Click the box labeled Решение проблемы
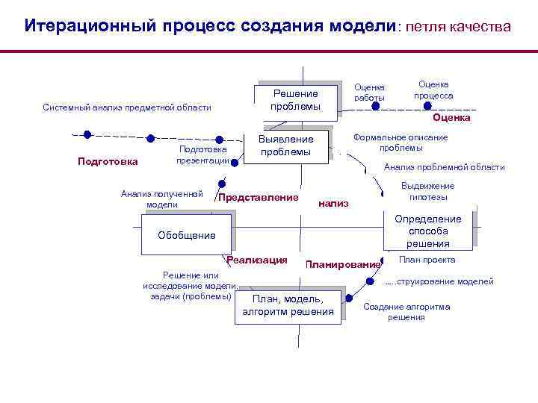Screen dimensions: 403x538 (295, 100)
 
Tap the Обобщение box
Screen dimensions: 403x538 (186, 236)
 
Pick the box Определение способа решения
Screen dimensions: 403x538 (428, 231)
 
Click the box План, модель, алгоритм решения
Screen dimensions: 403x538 (288, 305)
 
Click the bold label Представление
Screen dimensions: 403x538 (258, 198)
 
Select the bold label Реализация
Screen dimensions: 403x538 (257, 260)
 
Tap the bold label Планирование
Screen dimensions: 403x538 (342, 265)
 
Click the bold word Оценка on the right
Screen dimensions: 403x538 (451, 118)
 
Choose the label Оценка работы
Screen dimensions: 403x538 (369, 93)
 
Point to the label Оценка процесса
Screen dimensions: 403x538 (433, 90)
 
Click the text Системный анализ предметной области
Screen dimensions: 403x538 (126, 107)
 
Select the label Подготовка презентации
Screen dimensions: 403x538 (202, 154)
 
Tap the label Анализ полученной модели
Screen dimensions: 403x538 (161, 199)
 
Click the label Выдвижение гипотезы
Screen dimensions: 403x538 (427, 192)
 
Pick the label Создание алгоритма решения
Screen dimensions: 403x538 (406, 312)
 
